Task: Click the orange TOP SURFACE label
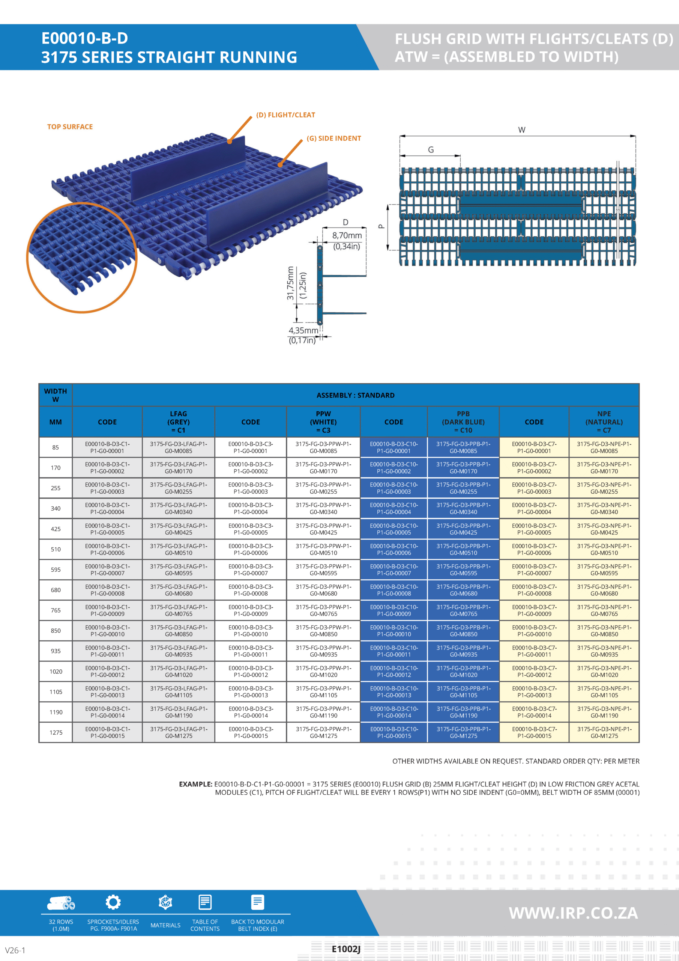click(70, 127)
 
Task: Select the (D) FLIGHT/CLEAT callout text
click(285, 115)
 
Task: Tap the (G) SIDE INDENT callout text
click(333, 139)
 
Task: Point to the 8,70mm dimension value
click(347, 236)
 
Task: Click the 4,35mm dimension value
click(303, 331)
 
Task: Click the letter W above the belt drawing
click(521, 130)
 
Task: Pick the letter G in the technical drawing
click(431, 150)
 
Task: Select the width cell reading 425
click(56, 529)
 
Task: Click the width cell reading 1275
click(56, 732)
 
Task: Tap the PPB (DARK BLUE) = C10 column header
click(463, 422)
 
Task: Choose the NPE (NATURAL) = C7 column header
click(604, 422)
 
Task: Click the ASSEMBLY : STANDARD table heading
click(355, 395)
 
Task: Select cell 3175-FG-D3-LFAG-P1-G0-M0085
click(178, 447)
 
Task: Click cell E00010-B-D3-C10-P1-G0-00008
click(394, 590)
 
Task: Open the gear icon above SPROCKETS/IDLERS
click(113, 902)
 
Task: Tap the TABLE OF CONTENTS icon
click(204, 902)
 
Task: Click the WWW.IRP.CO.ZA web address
click(573, 913)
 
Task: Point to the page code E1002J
click(346, 949)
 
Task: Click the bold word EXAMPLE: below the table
click(195, 784)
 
